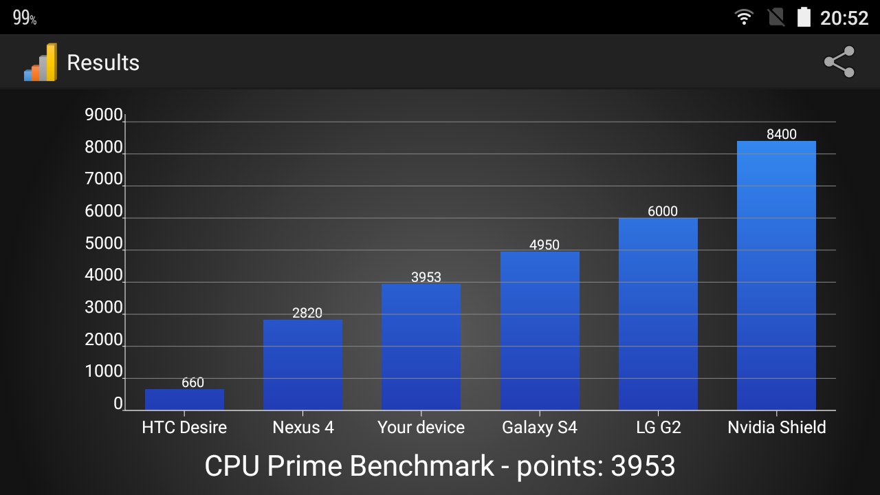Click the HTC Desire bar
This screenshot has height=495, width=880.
click(184, 399)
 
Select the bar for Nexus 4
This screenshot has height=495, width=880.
click(302, 365)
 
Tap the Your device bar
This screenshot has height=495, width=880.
click(421, 347)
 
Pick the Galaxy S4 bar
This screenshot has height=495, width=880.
click(540, 331)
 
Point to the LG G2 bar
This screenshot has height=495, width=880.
click(658, 314)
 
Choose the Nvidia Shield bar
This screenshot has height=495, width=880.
click(776, 275)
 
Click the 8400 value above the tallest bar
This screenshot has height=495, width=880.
click(782, 134)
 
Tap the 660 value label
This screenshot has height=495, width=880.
click(192, 383)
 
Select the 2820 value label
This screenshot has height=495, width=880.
click(307, 313)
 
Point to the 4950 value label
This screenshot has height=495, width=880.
click(544, 245)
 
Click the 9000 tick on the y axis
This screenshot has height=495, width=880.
click(103, 115)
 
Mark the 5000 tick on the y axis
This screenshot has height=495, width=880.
click(103, 244)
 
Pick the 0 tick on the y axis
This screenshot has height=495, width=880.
click(118, 404)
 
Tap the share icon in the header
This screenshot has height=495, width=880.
click(839, 62)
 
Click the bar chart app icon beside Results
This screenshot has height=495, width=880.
click(41, 63)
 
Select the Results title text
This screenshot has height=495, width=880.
click(103, 63)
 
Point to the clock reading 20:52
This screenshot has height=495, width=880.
click(844, 18)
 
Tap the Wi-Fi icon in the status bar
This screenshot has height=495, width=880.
click(744, 17)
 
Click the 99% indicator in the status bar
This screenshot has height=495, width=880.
click(25, 18)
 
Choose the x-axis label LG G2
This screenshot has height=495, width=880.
click(658, 427)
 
